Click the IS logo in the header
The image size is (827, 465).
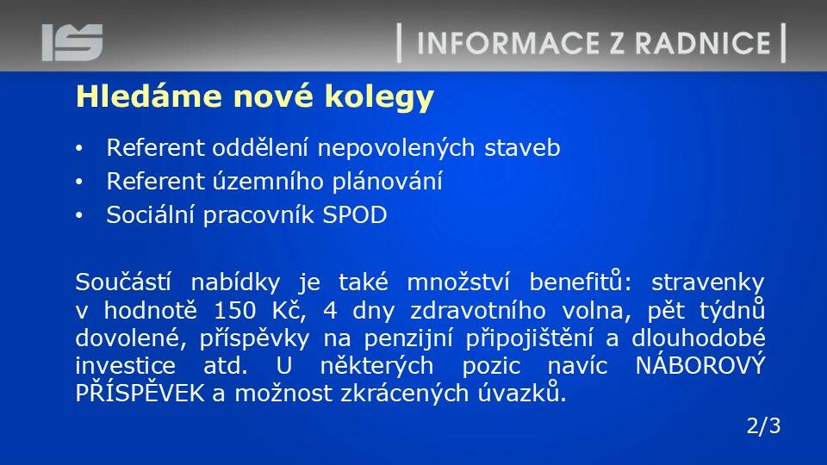coord(72,42)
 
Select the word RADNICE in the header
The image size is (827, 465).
coord(703,43)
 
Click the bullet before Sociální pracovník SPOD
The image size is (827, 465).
coord(79,215)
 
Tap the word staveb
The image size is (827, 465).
coord(522,147)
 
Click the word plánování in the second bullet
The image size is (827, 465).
coord(387,182)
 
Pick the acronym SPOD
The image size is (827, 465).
coord(354,215)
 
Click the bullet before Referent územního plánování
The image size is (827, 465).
coord(79,182)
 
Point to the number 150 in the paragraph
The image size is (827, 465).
coord(234,311)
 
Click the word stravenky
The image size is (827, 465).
coord(708,283)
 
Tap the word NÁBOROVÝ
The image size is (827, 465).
coord(700,364)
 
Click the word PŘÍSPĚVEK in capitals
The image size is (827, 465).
coord(140,393)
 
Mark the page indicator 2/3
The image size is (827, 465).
coord(763,426)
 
